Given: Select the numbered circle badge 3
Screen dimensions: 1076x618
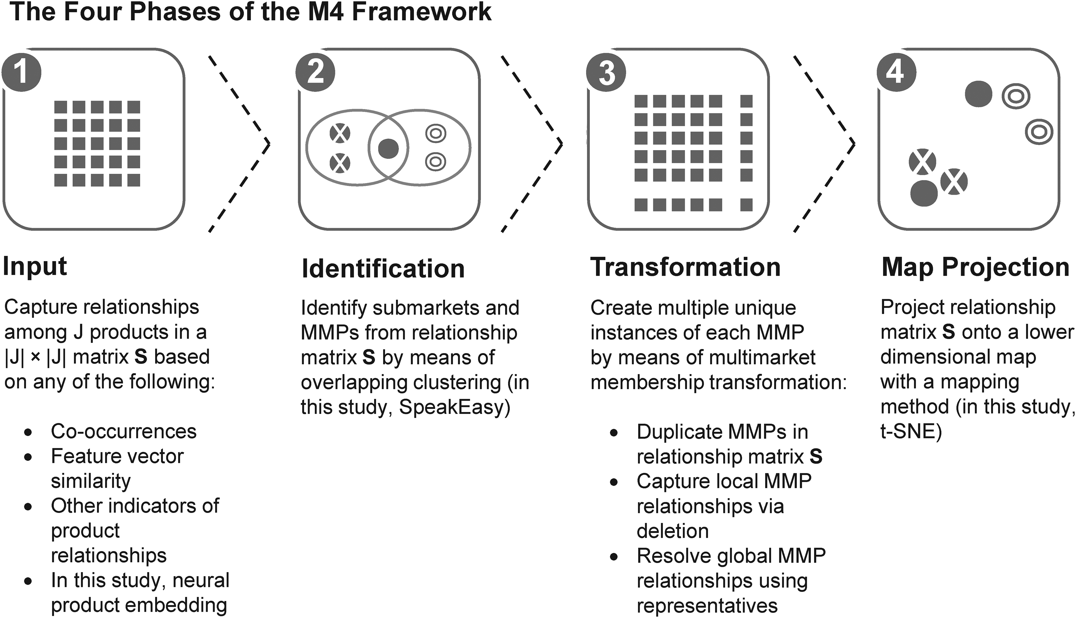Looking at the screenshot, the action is (x=606, y=72).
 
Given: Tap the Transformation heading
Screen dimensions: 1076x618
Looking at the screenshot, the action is (x=686, y=267).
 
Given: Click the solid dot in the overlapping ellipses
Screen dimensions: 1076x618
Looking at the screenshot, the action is (x=388, y=148).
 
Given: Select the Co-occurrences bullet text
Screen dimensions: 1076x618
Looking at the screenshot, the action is (x=124, y=432).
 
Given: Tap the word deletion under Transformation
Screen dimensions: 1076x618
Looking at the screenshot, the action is (x=672, y=531).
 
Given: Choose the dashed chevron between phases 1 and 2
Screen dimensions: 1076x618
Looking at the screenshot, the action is (x=239, y=144).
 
